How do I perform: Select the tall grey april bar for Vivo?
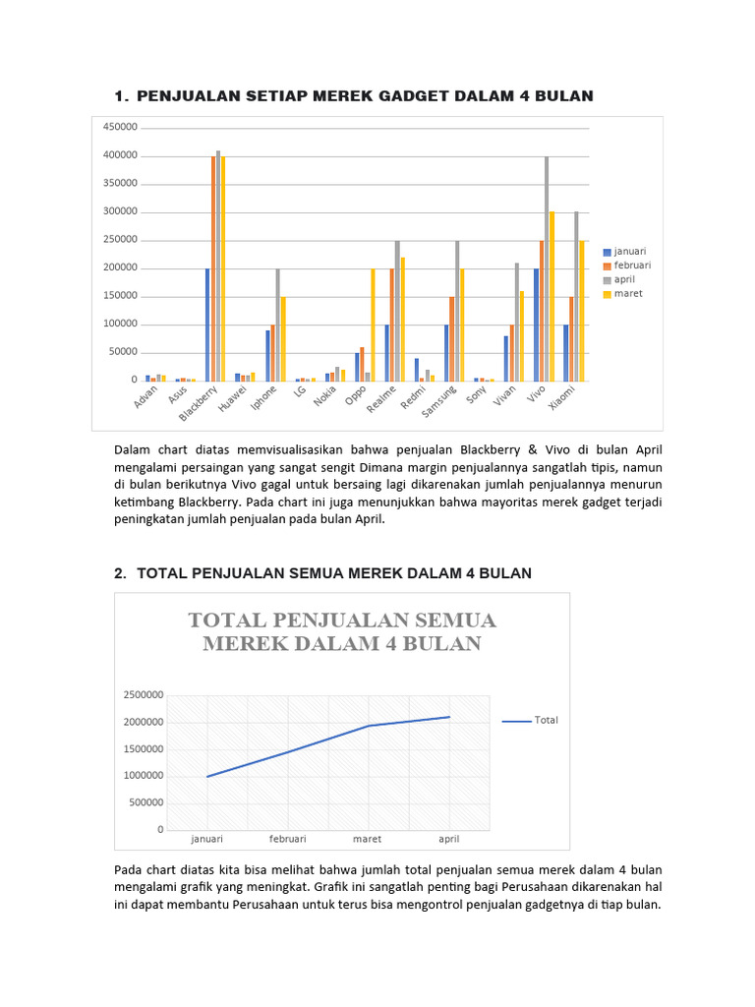[x=547, y=268]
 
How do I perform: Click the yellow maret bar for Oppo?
[x=373, y=325]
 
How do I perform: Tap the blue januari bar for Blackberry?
[x=207, y=325]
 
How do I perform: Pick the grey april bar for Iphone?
[x=277, y=325]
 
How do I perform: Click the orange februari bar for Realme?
[x=392, y=325]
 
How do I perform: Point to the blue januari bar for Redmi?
[x=417, y=369]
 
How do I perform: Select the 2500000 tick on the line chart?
[x=144, y=695]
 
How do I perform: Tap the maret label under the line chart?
[x=368, y=840]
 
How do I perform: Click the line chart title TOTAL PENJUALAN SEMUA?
[x=342, y=621]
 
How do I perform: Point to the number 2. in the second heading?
[x=119, y=573]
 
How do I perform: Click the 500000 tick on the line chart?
[x=146, y=802]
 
